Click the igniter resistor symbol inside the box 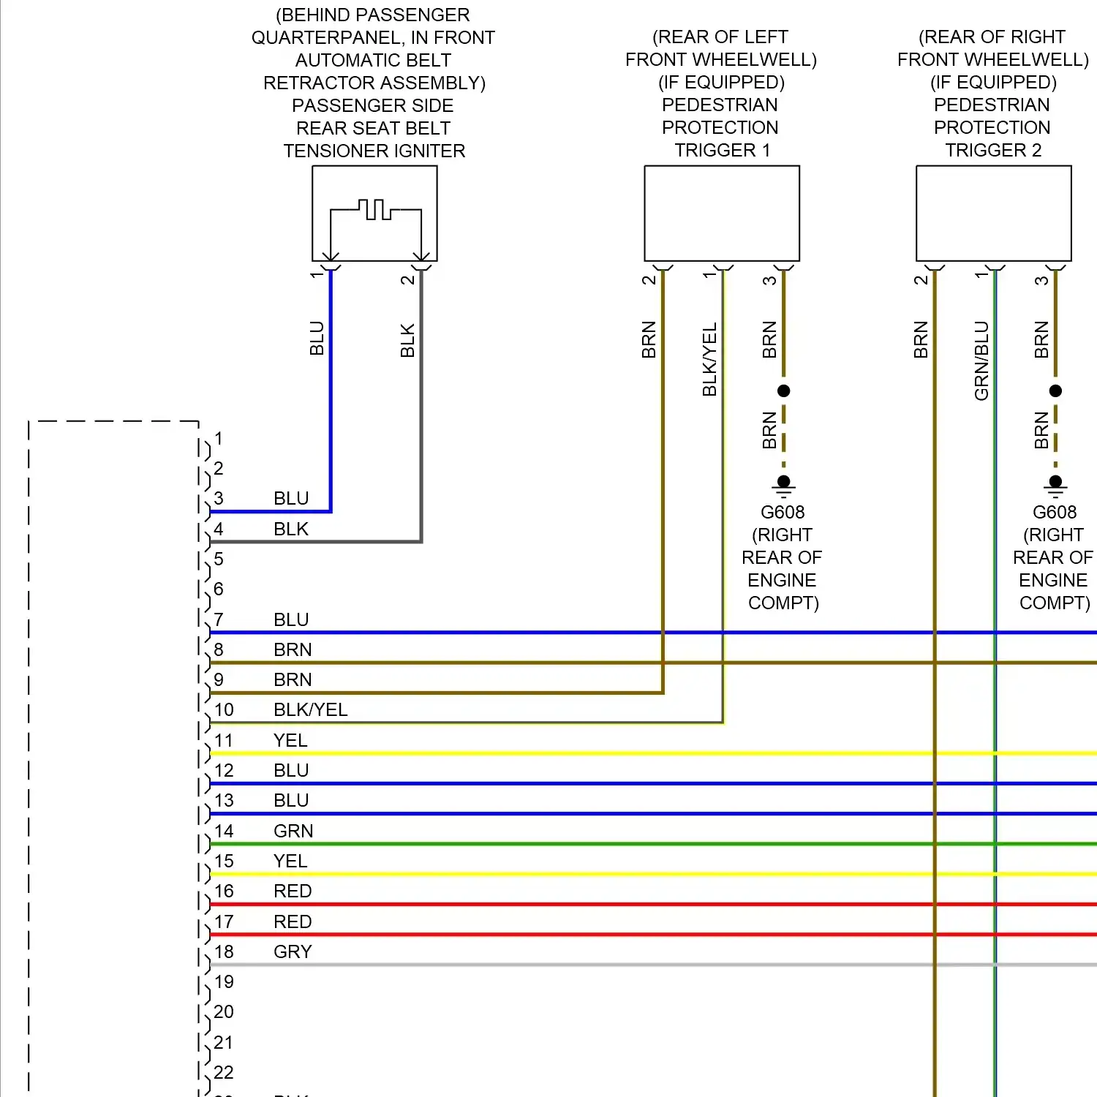375,210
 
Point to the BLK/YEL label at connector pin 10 311,710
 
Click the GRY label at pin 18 293,951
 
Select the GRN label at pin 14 293,831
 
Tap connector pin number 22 224,1072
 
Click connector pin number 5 219,559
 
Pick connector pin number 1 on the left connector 219,438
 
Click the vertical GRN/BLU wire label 981,361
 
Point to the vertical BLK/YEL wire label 709,359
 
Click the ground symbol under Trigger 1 783,486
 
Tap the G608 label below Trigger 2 1055,512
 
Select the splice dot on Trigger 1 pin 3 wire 783,391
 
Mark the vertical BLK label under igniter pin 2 407,340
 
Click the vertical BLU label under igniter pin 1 317,338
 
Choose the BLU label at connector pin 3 291,499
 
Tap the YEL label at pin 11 290,740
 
